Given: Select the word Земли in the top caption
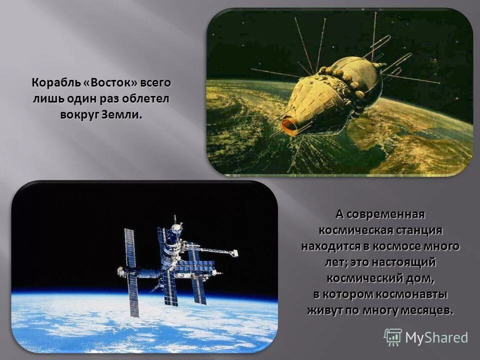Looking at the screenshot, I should (x=121, y=114).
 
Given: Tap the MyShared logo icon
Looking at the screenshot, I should (x=393, y=337).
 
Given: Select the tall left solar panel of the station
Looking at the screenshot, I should (x=131, y=272).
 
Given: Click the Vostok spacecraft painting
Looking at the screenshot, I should (x=339, y=92).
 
